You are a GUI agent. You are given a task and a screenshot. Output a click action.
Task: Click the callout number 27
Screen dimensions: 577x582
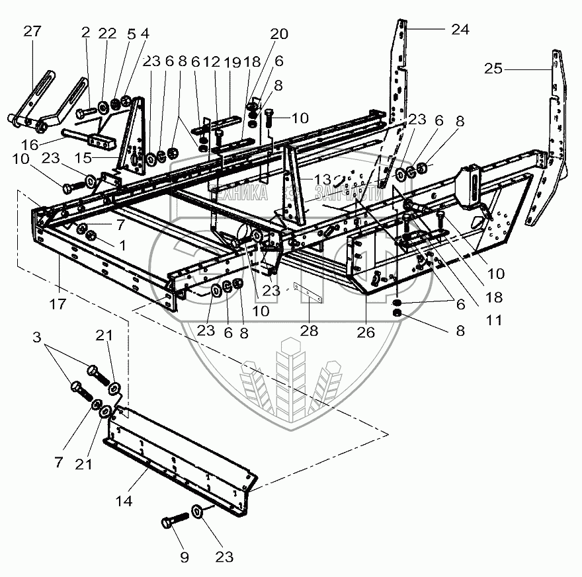click(32, 32)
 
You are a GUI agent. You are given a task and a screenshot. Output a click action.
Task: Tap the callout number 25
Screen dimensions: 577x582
click(493, 68)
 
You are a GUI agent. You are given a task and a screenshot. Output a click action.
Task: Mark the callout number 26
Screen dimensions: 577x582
click(366, 332)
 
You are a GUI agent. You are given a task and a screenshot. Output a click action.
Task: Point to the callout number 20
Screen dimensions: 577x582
click(278, 34)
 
